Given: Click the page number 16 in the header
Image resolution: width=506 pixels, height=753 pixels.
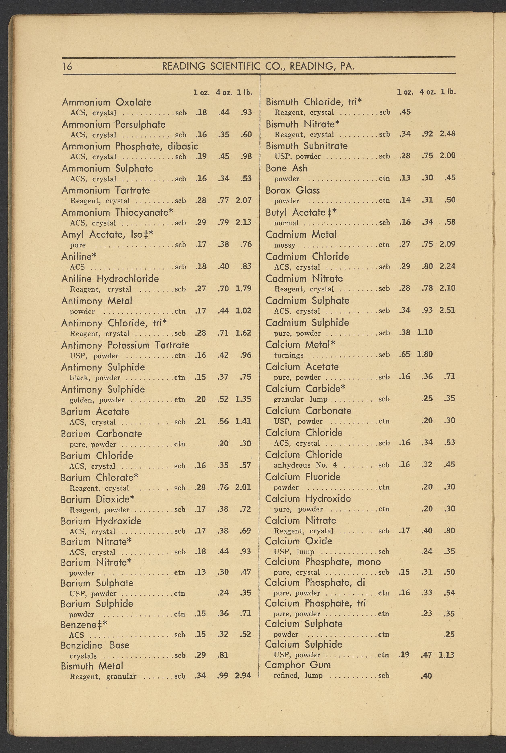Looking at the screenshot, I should (67, 66).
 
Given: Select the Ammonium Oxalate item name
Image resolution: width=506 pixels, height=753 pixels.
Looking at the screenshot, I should (107, 102).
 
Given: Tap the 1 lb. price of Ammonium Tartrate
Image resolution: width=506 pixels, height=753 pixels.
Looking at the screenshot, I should (244, 200).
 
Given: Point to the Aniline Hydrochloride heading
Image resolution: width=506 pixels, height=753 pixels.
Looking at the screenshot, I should (110, 279).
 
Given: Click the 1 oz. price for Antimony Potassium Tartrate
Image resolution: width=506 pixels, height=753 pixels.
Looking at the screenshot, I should (201, 355).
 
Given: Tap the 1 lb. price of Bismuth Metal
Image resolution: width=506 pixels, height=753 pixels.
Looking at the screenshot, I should (243, 676).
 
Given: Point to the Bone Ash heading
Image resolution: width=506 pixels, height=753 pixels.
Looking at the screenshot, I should (287, 168).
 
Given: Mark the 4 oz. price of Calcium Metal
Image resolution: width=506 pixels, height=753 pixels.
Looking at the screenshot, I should (425, 354).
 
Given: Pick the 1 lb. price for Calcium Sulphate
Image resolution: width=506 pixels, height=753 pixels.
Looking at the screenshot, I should (449, 634).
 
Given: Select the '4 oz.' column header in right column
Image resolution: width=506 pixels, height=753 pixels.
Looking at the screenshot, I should (428, 92).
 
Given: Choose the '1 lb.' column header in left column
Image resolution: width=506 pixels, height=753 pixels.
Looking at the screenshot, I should (244, 93).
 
